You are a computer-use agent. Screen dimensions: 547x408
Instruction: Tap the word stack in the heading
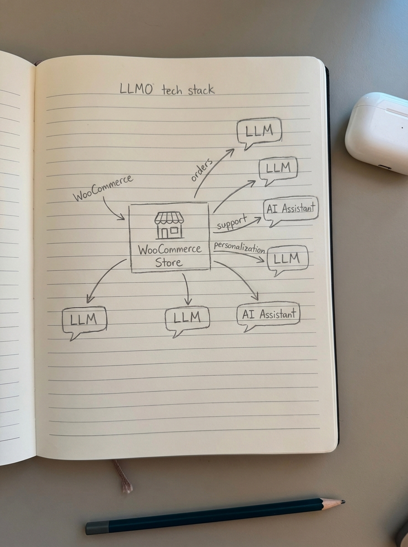point(201,90)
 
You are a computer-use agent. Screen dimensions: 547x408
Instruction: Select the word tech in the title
point(172,89)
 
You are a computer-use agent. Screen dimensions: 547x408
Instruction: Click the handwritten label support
point(231,223)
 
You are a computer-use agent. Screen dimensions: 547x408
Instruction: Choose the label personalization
point(239,248)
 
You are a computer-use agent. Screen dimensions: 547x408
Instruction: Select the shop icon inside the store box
point(169,225)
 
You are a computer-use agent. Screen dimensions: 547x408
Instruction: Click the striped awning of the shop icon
point(169,218)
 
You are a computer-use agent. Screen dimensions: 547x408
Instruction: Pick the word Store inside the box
point(168,263)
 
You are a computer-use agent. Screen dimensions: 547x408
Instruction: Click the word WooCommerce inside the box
point(170,250)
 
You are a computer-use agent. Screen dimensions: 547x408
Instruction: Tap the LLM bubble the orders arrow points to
point(259,132)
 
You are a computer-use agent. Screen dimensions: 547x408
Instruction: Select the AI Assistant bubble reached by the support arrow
point(291,210)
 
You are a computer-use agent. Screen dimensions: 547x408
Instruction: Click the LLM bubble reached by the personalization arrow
point(287,259)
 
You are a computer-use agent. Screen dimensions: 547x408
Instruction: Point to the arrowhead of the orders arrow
point(231,151)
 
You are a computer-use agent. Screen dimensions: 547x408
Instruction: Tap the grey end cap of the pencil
point(97,528)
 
